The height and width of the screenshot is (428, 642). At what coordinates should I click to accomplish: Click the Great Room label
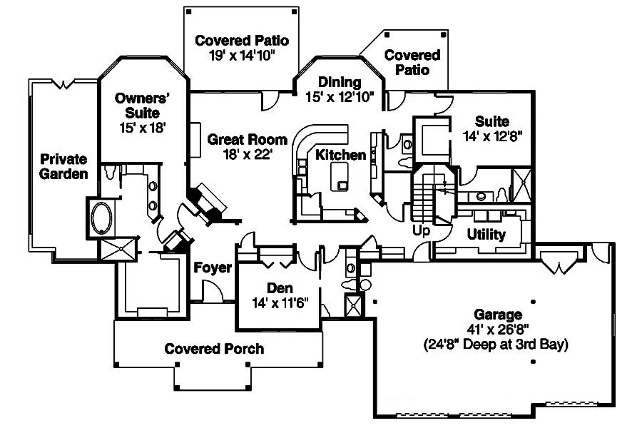[247, 139]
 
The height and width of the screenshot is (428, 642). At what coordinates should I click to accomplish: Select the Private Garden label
[63, 166]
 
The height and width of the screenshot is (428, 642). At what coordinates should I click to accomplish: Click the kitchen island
[339, 175]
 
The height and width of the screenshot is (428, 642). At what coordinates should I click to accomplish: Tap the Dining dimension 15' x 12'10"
[340, 97]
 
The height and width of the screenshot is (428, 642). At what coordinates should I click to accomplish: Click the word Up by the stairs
[422, 230]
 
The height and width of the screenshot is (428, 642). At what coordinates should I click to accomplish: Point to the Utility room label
[486, 234]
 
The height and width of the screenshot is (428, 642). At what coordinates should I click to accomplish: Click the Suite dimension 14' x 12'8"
[492, 137]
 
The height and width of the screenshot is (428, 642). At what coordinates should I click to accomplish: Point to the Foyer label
[213, 268]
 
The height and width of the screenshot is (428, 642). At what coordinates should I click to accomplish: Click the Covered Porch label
[214, 349]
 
